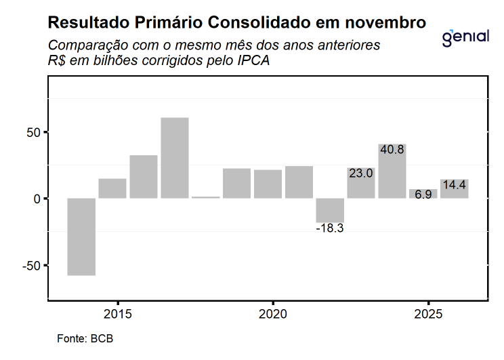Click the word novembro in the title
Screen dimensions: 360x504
pyautogui.click(x=386, y=22)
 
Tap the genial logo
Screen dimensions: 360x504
pyautogui.click(x=465, y=37)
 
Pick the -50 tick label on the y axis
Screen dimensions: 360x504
pyautogui.click(x=30, y=265)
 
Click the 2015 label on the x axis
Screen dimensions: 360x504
pyautogui.click(x=118, y=315)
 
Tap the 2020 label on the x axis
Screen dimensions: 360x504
pyautogui.click(x=273, y=315)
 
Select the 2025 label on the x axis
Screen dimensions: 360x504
pyautogui.click(x=428, y=315)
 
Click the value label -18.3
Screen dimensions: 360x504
pyautogui.click(x=330, y=228)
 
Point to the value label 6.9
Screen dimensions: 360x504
pyautogui.click(x=423, y=195)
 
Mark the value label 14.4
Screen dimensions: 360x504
pyautogui.click(x=453, y=184)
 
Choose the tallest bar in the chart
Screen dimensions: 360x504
pyautogui.click(x=175, y=158)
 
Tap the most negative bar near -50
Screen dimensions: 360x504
pyautogui.click(x=81, y=237)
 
